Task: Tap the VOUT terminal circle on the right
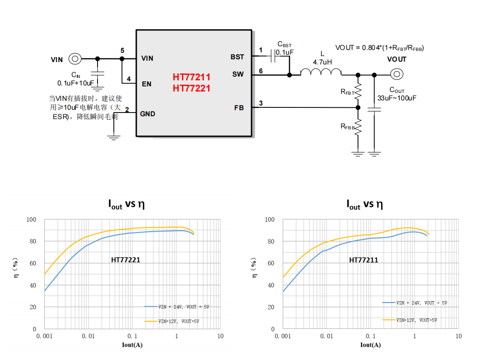pos(397,74)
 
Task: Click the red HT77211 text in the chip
pos(191,77)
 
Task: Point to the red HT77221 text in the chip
pos(191,88)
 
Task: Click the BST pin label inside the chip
pos(237,57)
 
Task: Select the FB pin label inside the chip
pos(239,108)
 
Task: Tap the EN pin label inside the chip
pos(146,84)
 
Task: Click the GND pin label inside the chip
pos(148,114)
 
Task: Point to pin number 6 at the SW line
pos(261,71)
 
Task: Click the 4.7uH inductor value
pos(322,62)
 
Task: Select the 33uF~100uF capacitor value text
pos(397,98)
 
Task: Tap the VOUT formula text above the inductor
pos(379,48)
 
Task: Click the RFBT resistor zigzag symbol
pos(358,92)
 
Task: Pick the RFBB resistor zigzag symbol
pos(358,126)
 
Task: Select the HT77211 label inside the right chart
pos(363,260)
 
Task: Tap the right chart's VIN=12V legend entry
pos(416,320)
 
